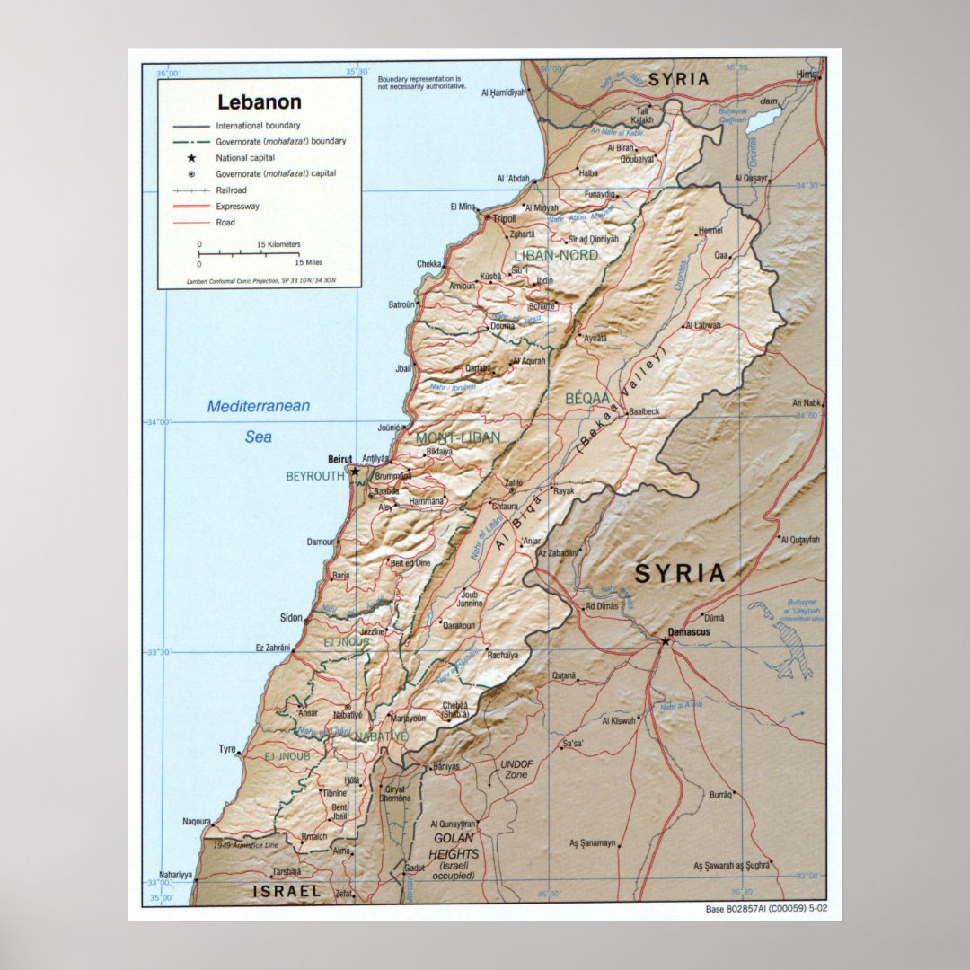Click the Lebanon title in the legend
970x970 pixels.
click(259, 102)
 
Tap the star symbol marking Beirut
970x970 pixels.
click(355, 470)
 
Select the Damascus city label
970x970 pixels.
click(690, 632)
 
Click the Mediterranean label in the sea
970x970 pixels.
click(258, 406)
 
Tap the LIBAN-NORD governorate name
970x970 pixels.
click(555, 255)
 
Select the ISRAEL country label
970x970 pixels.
click(286, 891)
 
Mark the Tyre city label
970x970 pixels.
click(227, 749)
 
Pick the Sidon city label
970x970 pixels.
click(291, 619)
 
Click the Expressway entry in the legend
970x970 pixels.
click(238, 207)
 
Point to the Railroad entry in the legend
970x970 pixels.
click(231, 190)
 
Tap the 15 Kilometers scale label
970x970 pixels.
click(278, 244)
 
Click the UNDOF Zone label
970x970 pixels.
click(516, 769)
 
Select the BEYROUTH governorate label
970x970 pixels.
click(315, 476)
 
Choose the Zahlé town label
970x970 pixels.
click(514, 482)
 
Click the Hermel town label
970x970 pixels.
click(710, 230)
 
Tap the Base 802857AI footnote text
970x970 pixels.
click(766, 909)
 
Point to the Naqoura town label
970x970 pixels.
click(197, 821)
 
